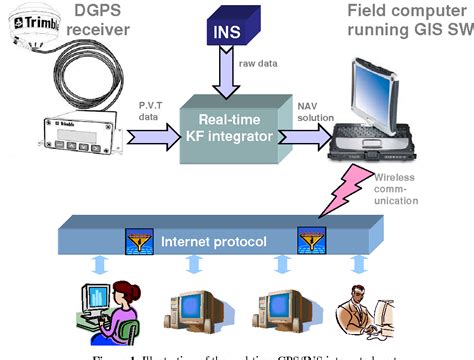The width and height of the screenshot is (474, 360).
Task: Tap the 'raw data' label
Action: pos(258,63)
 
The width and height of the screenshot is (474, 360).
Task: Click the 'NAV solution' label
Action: pos(315,111)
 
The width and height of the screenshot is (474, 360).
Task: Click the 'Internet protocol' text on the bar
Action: pos(207,241)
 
